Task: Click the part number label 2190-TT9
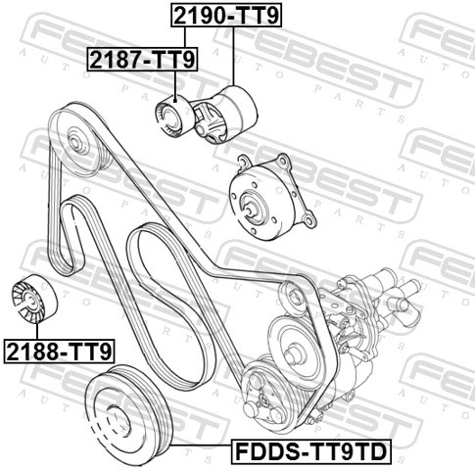tap(226, 16)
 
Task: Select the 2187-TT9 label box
tap(142, 59)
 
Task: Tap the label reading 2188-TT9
tap(59, 352)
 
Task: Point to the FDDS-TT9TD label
tap(311, 451)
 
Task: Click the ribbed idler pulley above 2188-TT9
tap(34, 299)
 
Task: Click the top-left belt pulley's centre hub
tap(74, 143)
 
